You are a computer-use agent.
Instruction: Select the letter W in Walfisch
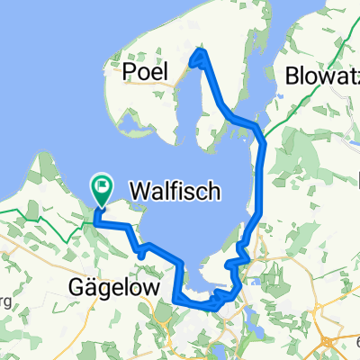tap(137, 192)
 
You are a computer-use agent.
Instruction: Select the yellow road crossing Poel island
tap(184, 85)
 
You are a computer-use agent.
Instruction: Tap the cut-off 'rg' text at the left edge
tap(4, 301)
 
